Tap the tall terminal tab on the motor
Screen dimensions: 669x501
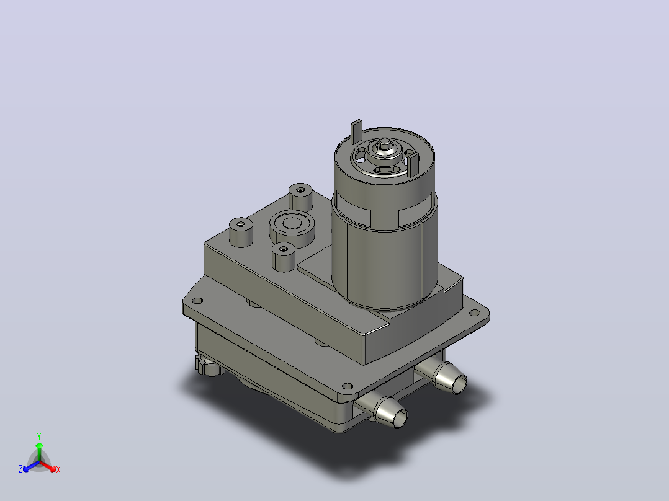pyautogui.click(x=357, y=131)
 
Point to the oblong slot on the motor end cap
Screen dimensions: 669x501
pyautogui.click(x=387, y=170)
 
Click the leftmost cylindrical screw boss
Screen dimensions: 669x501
pyautogui.click(x=241, y=233)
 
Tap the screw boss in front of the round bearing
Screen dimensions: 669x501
pyautogui.click(x=284, y=257)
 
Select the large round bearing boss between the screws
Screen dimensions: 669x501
pyautogui.click(x=292, y=229)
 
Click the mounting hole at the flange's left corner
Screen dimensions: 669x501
pyautogui.click(x=197, y=301)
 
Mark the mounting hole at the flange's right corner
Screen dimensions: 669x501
pyautogui.click(x=474, y=313)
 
